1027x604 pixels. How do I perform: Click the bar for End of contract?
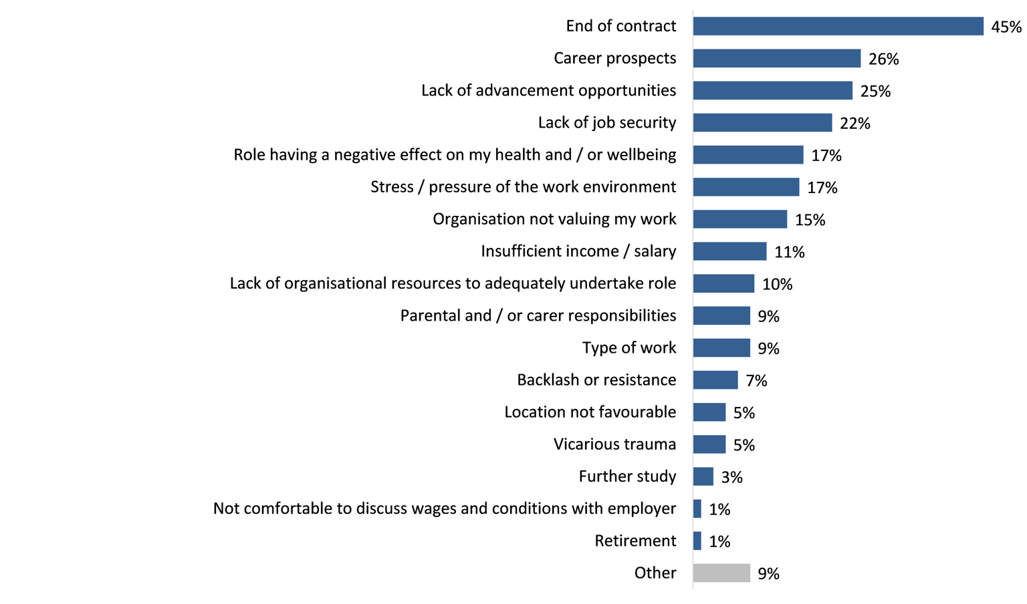coord(838,26)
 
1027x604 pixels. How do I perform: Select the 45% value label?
coord(1006,27)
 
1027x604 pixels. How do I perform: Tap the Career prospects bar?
coord(776,58)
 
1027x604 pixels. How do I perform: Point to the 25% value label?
coord(875,92)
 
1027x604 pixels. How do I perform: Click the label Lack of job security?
coord(606,123)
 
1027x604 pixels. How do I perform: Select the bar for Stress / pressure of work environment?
coord(746,187)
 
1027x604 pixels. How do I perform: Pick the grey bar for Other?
coord(721,573)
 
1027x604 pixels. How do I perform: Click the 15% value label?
coord(810,220)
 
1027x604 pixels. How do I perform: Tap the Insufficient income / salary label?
coord(578,251)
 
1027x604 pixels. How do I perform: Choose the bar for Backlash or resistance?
coord(715,380)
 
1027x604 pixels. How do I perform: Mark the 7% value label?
coord(756,381)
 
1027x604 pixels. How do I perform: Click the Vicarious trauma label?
coord(614,444)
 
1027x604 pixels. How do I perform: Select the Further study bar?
coord(703,476)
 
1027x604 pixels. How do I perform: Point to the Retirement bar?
coord(697,541)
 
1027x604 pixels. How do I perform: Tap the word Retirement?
coord(635,541)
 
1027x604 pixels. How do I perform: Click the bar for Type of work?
coord(721,348)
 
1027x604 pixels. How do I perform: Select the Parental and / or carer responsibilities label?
coord(538,315)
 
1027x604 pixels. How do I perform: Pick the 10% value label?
coord(777,285)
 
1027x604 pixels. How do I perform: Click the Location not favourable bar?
coord(709,412)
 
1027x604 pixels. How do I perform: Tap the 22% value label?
coord(854,124)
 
